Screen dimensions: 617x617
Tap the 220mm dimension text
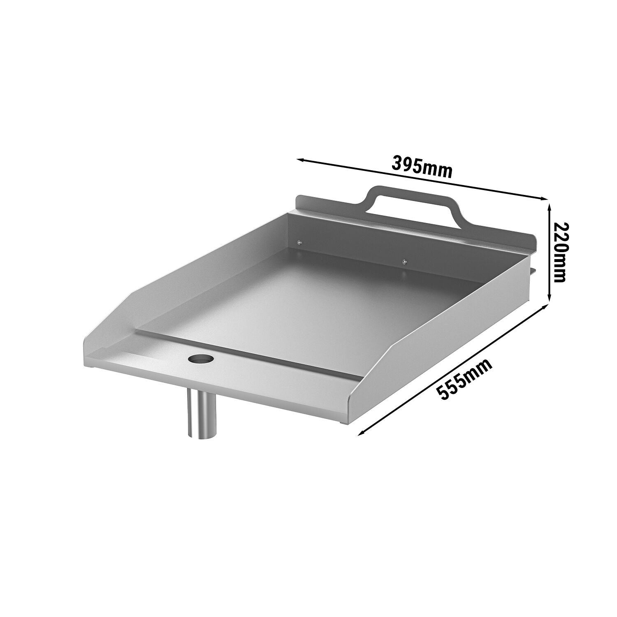[560, 252]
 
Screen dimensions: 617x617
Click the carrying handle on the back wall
[415, 204]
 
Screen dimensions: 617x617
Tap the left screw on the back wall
[299, 242]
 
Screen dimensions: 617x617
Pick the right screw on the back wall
[405, 261]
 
